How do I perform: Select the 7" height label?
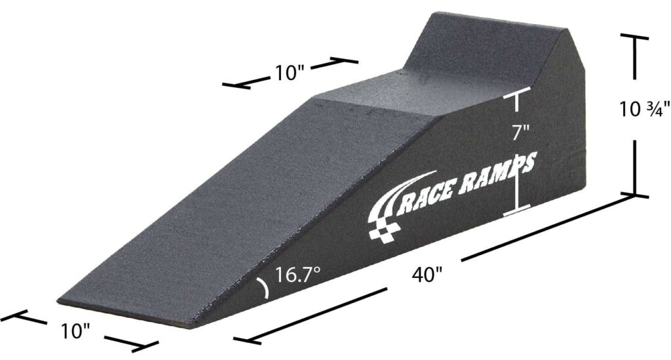coord(520,132)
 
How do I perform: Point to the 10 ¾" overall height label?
coord(645,110)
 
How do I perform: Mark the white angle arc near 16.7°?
coord(264,289)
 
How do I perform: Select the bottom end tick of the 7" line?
coord(516,210)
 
